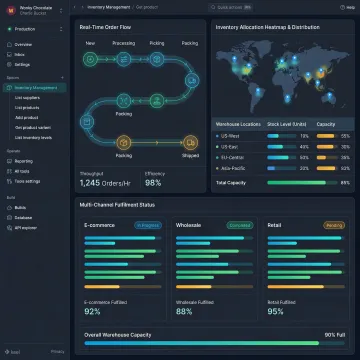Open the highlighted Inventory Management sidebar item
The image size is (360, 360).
pos(40,87)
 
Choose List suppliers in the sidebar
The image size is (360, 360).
pos(29,97)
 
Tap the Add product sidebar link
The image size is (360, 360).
pos(27,116)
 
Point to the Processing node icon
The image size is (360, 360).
pos(123,58)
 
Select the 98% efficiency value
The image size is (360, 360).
pos(153,182)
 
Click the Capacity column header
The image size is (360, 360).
pos(326,124)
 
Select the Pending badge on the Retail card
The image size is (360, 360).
pos(334,226)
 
